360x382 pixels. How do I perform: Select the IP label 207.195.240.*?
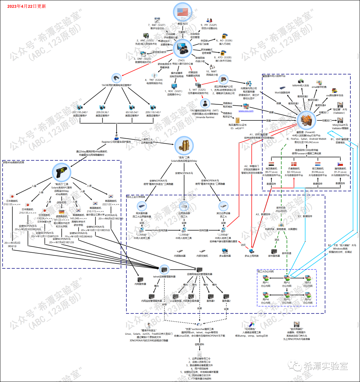click(79, 113)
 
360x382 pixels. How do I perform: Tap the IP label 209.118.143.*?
click(153, 113)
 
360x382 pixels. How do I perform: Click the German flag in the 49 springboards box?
click(61, 212)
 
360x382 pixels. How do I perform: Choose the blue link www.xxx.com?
click(246, 111)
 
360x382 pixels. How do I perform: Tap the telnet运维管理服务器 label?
click(164, 276)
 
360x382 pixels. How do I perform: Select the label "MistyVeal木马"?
click(340, 125)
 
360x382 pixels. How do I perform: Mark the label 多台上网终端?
click(251, 256)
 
